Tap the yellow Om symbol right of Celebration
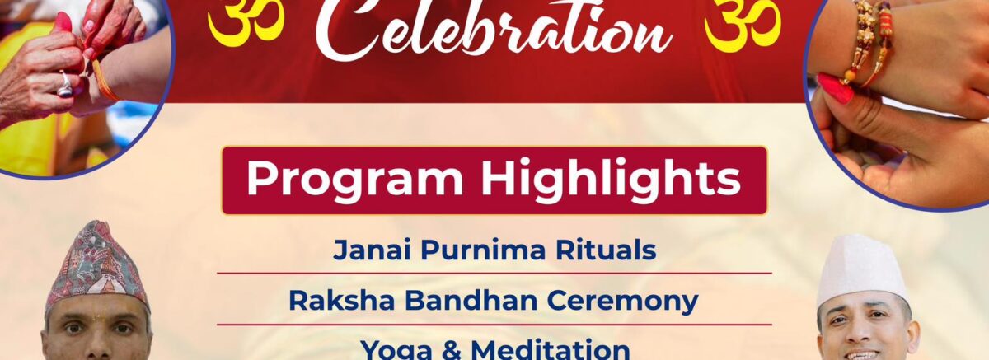742,22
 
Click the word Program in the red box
354,180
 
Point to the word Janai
373,250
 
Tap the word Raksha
342,301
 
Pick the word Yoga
396,351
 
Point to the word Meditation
551,350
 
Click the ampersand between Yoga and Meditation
452,351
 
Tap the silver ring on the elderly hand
64,85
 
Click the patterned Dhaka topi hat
96,264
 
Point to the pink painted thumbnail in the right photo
834,88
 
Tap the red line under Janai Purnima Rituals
494,274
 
